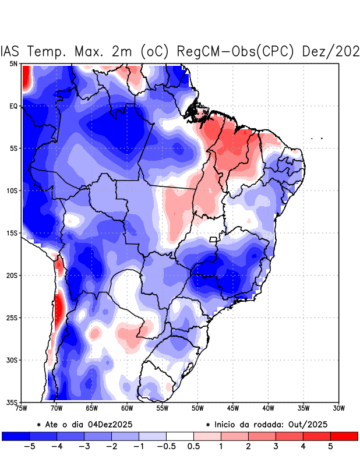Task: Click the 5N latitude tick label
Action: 13,63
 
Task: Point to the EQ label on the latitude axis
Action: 13,106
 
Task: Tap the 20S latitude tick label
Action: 12,275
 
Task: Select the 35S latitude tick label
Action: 12,402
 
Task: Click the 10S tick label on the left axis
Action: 12,190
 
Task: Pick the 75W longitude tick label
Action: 22,408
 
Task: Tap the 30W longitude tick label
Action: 338,408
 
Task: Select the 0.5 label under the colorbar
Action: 193,447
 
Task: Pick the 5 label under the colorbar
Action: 330,447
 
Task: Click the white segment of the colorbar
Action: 180,436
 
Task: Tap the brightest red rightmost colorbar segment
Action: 344,436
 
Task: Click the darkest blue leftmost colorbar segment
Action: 16,436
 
